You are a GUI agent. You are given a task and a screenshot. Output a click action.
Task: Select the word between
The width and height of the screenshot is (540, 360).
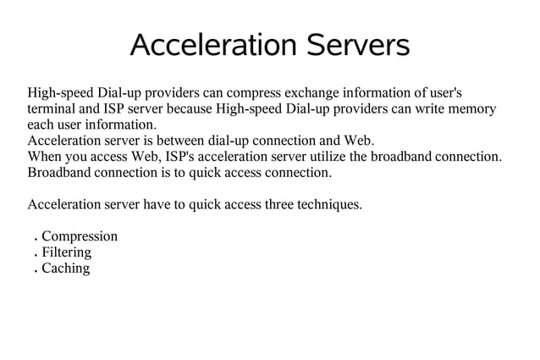(186, 141)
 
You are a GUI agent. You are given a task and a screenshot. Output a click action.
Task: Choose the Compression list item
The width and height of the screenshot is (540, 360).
(80, 236)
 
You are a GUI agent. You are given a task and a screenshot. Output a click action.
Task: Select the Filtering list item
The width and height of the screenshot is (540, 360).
(66, 252)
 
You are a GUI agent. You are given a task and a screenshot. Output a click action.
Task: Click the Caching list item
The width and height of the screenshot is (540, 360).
(65, 269)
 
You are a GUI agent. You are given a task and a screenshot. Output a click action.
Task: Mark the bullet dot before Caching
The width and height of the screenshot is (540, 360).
(34, 272)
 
